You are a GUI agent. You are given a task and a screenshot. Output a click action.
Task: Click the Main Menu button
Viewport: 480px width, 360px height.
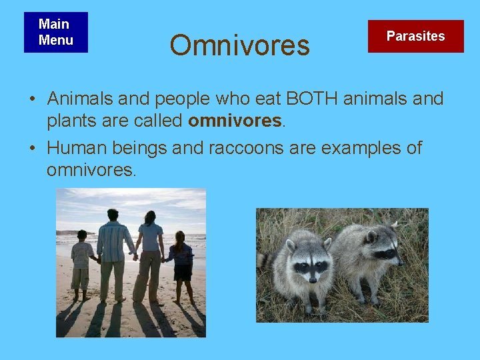55,32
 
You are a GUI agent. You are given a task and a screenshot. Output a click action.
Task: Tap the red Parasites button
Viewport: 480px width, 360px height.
415,36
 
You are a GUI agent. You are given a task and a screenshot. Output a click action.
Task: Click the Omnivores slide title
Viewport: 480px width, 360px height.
239,45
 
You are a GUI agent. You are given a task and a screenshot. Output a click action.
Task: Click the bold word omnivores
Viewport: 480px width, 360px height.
235,121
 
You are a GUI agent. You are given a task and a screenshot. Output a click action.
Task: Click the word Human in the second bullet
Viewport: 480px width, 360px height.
77,147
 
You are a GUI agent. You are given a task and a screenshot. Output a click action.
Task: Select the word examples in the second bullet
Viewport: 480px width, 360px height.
363,147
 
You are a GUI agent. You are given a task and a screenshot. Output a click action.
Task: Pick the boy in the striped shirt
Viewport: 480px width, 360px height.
82,263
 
